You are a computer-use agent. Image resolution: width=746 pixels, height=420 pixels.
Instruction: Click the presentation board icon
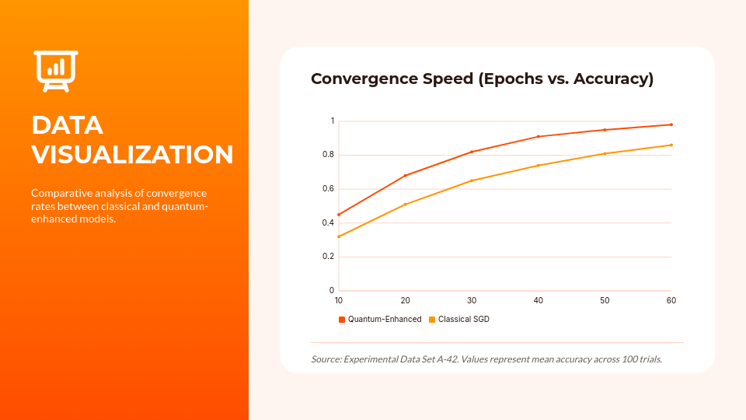[56, 71]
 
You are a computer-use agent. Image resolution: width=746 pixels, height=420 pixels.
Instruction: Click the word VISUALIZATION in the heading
[132, 154]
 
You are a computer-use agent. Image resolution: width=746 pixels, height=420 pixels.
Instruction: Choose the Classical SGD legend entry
[463, 319]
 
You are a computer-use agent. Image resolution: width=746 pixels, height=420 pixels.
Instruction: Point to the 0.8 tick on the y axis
[329, 155]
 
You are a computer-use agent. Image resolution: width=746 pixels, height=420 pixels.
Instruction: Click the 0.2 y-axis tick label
[329, 257]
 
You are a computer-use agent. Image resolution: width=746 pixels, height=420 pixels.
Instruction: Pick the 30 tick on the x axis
[472, 300]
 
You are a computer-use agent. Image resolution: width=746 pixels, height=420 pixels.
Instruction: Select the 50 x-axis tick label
[605, 300]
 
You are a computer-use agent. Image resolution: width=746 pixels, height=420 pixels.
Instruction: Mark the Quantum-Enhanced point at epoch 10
[339, 215]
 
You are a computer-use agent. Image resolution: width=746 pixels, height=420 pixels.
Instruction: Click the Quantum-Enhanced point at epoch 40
[539, 137]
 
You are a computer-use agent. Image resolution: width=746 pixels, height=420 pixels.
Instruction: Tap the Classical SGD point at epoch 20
[406, 205]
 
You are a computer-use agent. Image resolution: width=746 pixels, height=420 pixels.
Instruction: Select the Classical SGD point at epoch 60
[671, 145]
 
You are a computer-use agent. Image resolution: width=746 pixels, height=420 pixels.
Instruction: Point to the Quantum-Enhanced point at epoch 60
[671, 124]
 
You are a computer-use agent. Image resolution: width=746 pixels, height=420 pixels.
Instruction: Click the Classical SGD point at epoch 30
[472, 180]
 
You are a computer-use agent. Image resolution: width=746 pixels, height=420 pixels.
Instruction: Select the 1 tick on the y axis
[332, 121]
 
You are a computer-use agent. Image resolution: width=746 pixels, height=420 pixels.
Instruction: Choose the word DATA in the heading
[67, 125]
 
